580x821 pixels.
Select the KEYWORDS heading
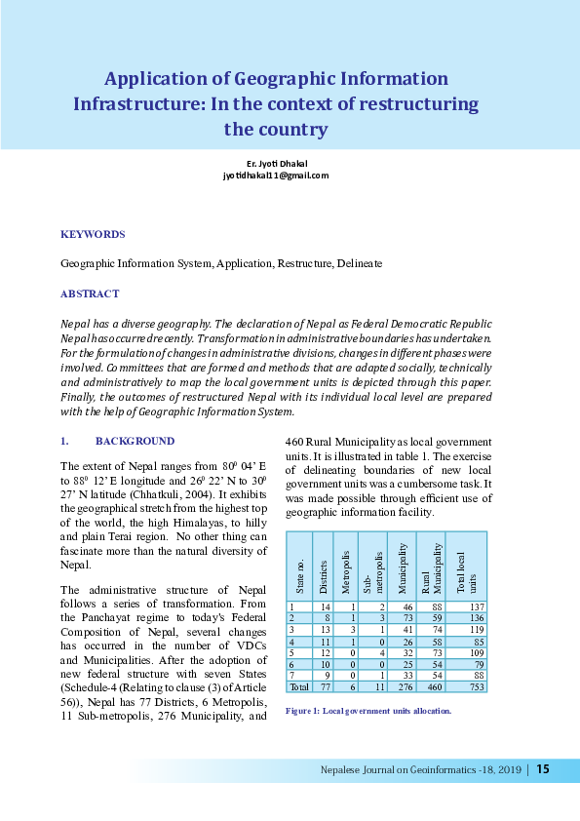pyautogui.click(x=93, y=235)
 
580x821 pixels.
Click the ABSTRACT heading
pyautogui.click(x=90, y=293)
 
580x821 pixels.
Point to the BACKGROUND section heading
pyautogui.click(x=135, y=441)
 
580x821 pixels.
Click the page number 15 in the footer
pyautogui.click(x=543, y=769)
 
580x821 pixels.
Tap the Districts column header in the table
pyautogui.click(x=322, y=575)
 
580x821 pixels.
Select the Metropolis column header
pyautogui.click(x=345, y=575)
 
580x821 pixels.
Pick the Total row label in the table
pyautogui.click(x=298, y=686)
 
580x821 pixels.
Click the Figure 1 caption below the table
pyautogui.click(x=367, y=712)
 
